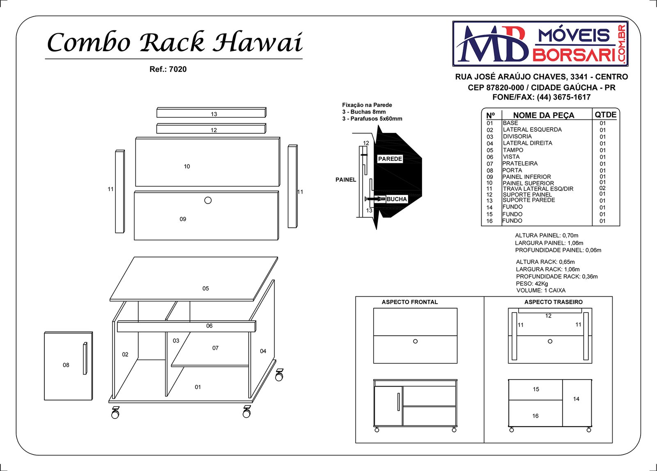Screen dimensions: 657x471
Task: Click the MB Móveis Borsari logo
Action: click(x=540, y=43)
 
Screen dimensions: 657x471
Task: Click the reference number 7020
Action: click(x=178, y=69)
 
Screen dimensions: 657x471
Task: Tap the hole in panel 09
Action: click(x=208, y=200)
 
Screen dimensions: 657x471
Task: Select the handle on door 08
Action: click(x=85, y=358)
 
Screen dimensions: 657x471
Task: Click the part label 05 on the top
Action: click(x=206, y=288)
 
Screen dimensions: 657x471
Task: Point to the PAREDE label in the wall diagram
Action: click(x=390, y=159)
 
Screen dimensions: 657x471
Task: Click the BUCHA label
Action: click(x=397, y=199)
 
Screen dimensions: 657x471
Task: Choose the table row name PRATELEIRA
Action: click(x=520, y=163)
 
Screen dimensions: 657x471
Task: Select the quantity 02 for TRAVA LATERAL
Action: click(x=602, y=188)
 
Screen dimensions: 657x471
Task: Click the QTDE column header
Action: click(x=605, y=114)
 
